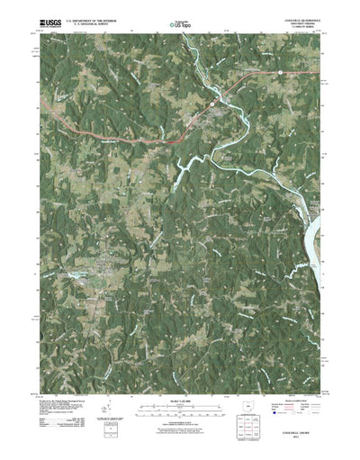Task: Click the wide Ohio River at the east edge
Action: click(318, 239)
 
